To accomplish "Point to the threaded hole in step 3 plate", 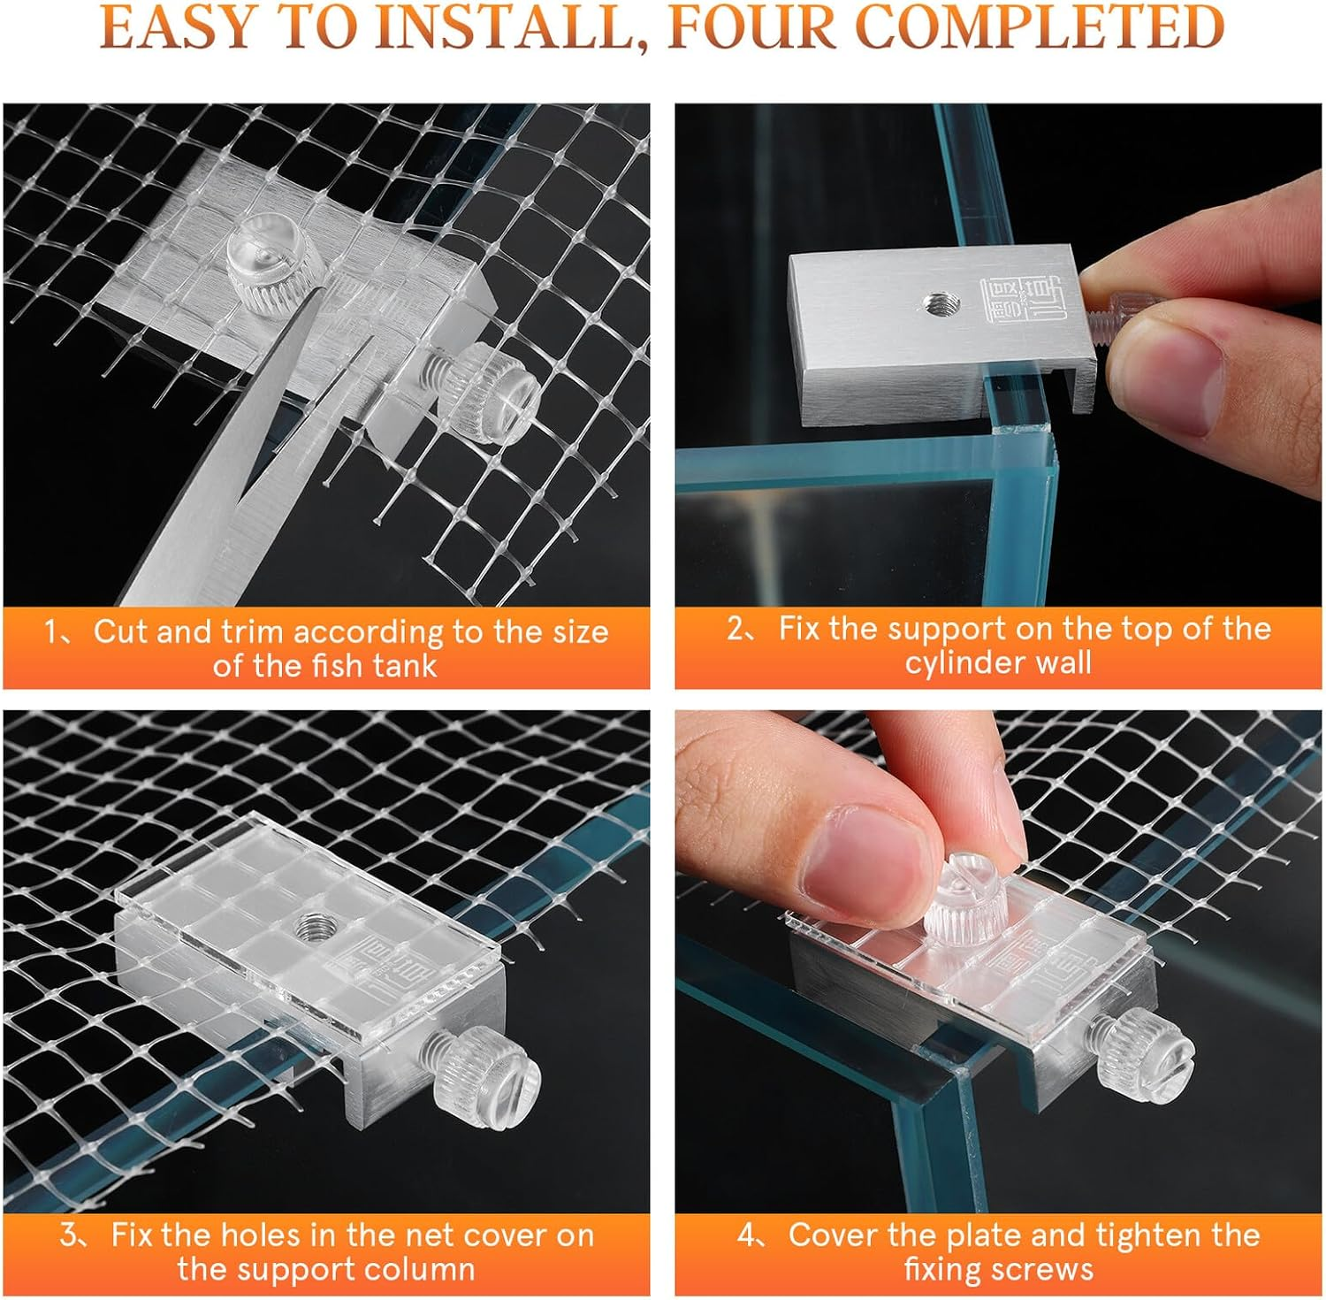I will tap(310, 929).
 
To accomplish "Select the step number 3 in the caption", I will tap(69, 1235).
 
